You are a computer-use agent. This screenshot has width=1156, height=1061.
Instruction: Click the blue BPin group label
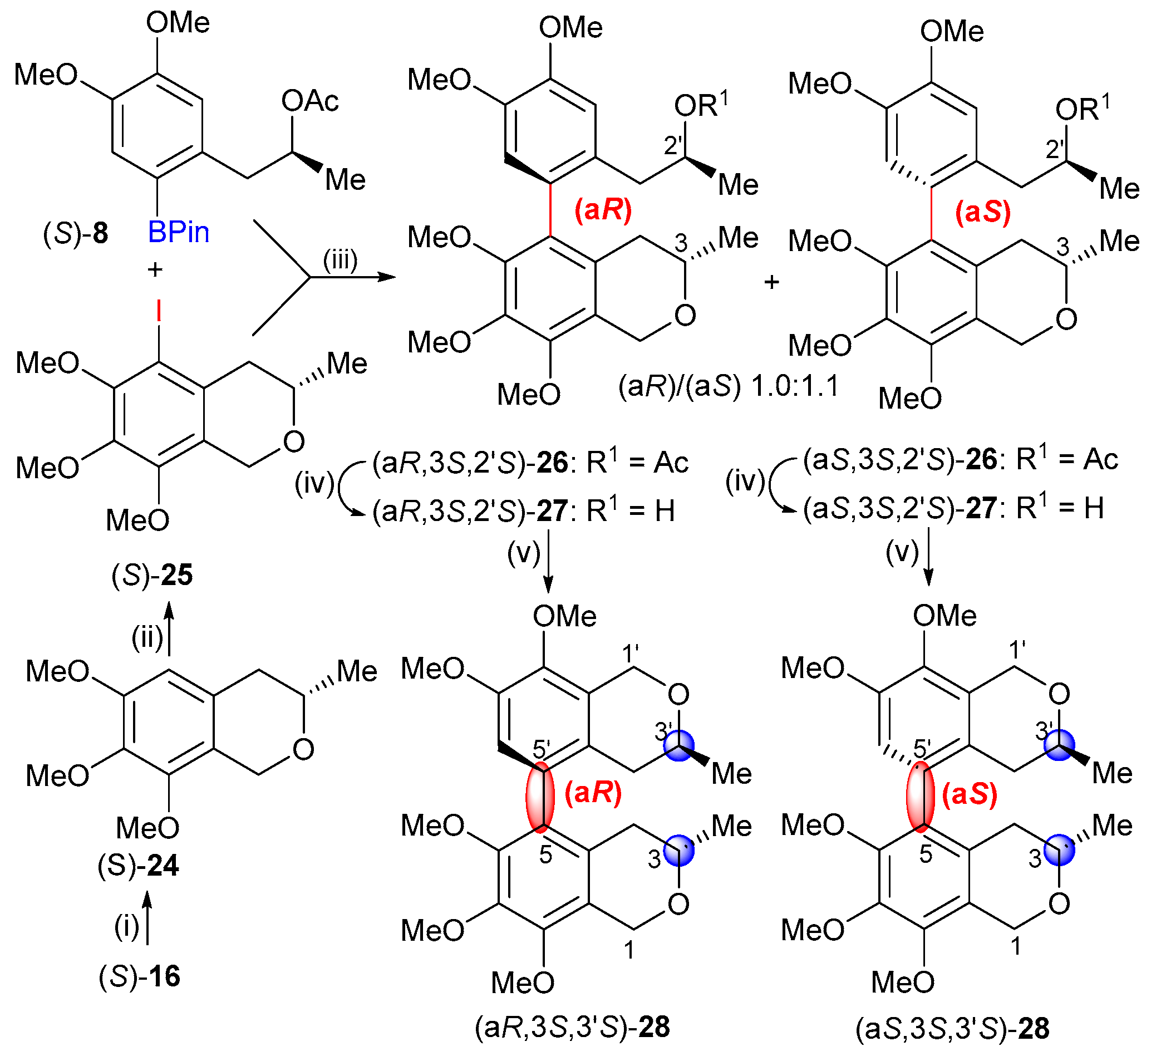179,232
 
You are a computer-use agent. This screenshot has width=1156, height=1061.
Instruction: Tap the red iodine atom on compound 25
159,313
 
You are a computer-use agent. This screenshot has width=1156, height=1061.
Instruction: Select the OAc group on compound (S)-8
310,101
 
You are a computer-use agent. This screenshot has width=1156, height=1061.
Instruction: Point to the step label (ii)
147,637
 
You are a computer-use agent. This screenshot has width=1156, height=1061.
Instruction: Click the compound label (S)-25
152,574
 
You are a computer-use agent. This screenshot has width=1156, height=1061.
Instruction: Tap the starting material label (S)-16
140,976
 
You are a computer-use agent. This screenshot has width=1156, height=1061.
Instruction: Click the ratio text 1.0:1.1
795,386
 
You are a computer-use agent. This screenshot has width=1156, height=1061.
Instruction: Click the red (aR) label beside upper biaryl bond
603,209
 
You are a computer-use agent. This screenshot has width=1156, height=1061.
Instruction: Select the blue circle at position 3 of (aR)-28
678,850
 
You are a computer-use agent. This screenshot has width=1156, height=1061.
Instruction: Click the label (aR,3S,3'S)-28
572,1027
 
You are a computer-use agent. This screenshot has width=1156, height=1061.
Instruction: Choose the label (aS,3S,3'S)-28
953,1028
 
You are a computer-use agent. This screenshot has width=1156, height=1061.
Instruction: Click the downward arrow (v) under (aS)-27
929,557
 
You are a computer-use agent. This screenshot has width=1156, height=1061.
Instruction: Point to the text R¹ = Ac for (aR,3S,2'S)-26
637,462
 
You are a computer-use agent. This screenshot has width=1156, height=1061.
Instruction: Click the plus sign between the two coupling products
771,282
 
